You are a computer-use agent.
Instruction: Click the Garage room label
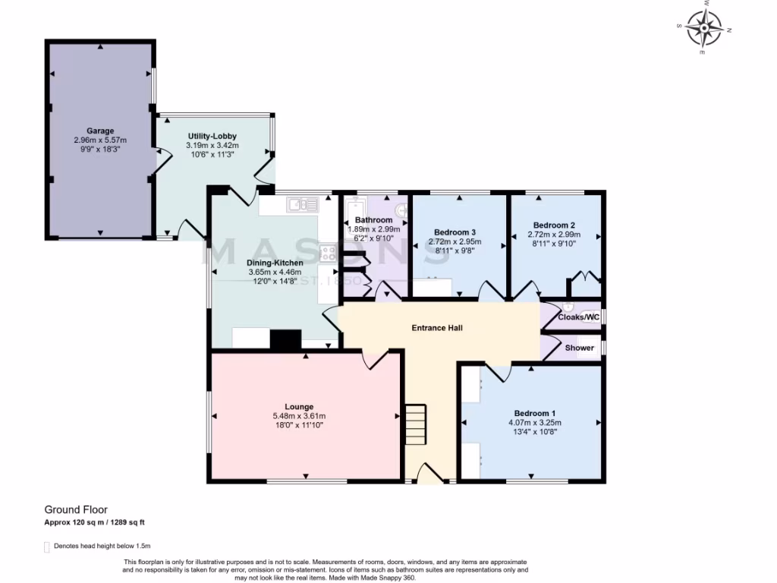(100, 131)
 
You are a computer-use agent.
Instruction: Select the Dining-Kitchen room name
(275, 263)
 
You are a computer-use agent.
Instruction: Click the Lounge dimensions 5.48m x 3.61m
(299, 416)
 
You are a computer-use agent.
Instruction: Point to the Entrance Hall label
(437, 328)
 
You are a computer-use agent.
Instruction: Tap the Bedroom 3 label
(455, 232)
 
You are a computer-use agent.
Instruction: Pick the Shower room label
(580, 348)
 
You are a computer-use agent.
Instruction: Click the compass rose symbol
(704, 28)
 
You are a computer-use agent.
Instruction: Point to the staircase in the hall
(416, 425)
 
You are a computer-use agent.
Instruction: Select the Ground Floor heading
(76, 510)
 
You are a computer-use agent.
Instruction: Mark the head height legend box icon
(47, 547)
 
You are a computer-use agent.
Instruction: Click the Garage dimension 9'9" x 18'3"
(100, 150)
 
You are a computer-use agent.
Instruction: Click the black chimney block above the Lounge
(285, 341)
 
